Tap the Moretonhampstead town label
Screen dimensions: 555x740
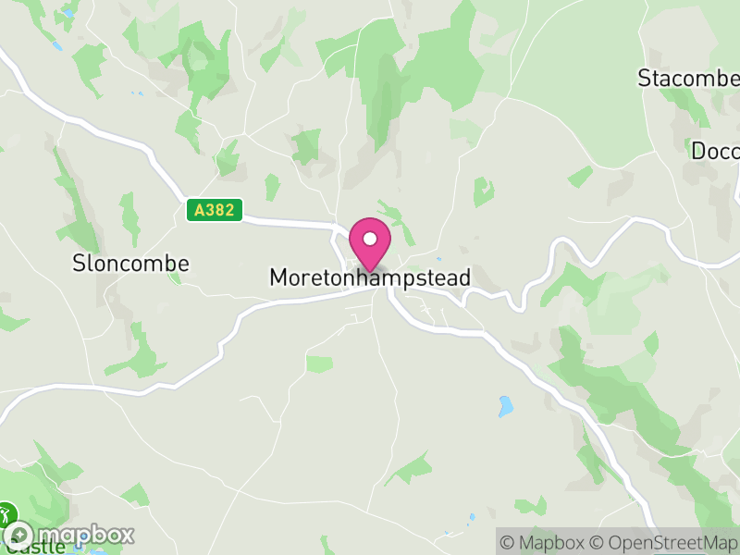tap(370, 277)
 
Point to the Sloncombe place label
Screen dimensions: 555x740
tap(130, 264)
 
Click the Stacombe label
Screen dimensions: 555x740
tap(688, 79)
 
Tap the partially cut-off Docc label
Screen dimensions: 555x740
tap(715, 151)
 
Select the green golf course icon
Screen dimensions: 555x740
tap(7, 514)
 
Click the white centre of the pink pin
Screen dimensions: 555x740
tap(370, 239)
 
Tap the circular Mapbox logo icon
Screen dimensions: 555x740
tap(19, 535)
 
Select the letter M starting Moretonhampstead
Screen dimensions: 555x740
tap(277, 277)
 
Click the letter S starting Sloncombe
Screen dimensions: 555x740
tap(79, 264)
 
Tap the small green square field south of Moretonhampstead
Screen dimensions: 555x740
tap(319, 364)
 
